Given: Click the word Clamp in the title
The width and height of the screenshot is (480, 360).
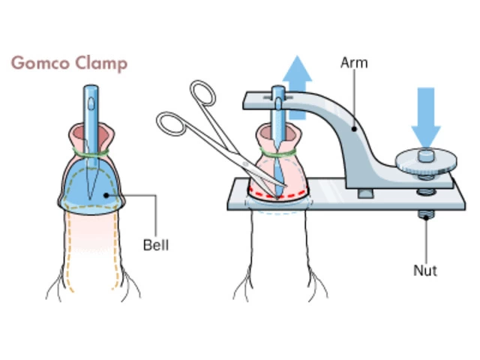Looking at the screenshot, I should [100, 62].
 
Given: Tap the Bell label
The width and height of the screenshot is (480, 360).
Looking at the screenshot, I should [155, 244].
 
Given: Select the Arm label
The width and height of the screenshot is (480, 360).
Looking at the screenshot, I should [355, 62].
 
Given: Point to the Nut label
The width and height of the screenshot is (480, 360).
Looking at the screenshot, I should [425, 270].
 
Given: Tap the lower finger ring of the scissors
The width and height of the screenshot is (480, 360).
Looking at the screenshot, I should [171, 122].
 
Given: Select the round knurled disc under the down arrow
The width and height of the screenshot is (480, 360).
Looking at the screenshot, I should [425, 159].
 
